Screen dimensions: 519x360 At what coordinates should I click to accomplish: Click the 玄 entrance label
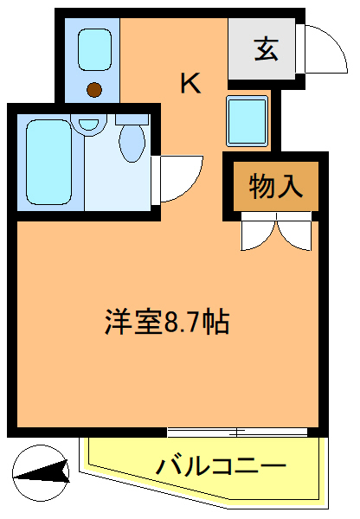coord(266,50)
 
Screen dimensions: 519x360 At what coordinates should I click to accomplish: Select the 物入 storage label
coord(275,186)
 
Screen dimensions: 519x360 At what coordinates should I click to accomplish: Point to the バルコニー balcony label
coord(221,467)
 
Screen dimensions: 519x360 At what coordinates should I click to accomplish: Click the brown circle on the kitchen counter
coord(94,88)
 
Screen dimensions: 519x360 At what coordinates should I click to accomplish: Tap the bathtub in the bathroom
coord(53,162)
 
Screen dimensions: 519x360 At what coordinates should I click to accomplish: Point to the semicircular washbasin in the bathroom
coord(87,125)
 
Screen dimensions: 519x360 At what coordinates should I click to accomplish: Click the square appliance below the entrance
coord(247,120)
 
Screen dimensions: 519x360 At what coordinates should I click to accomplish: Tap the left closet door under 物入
coord(259,231)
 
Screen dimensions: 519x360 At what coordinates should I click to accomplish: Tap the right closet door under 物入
coord(292,231)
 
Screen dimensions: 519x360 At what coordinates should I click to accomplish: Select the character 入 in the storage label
coord(290,186)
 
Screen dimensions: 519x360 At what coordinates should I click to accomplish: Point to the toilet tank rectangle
coord(132,118)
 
